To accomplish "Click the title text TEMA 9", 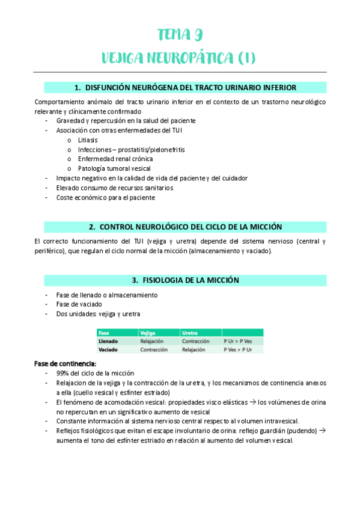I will tap(180, 34).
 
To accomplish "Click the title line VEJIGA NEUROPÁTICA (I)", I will tap(180, 58).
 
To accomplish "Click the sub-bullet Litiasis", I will tap(88, 140).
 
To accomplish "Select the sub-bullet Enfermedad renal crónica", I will tap(111, 159).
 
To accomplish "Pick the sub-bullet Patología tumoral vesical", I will tap(114, 168).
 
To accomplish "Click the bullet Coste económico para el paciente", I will tap(105, 197).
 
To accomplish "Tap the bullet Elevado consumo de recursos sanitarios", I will tap(114, 188).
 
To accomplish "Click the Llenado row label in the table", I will tap(108, 341).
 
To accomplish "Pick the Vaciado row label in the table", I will tap(108, 349).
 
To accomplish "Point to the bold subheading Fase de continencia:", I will tap(65, 363).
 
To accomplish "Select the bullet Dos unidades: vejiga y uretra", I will tap(99, 314).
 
